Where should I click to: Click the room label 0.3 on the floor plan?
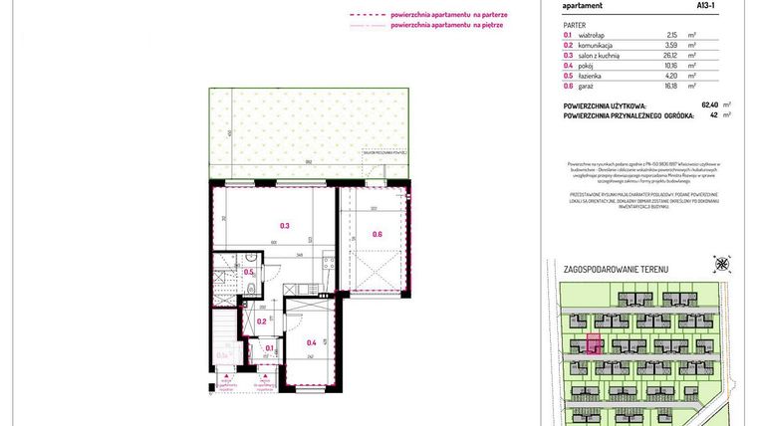click(x=285, y=226)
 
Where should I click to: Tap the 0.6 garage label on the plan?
click(x=377, y=235)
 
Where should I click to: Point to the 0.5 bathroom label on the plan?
click(x=249, y=272)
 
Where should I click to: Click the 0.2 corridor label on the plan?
click(x=261, y=320)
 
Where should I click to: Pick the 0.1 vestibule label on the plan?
click(x=269, y=348)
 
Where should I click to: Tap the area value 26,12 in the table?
click(x=670, y=55)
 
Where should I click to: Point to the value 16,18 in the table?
click(x=670, y=87)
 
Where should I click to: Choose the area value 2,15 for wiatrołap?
click(x=672, y=34)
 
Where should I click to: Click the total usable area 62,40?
click(x=710, y=105)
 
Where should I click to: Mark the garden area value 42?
click(x=714, y=114)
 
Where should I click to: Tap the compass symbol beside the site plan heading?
click(x=721, y=264)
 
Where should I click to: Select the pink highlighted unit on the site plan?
click(x=593, y=345)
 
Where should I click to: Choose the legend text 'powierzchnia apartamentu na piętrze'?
click(x=447, y=25)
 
